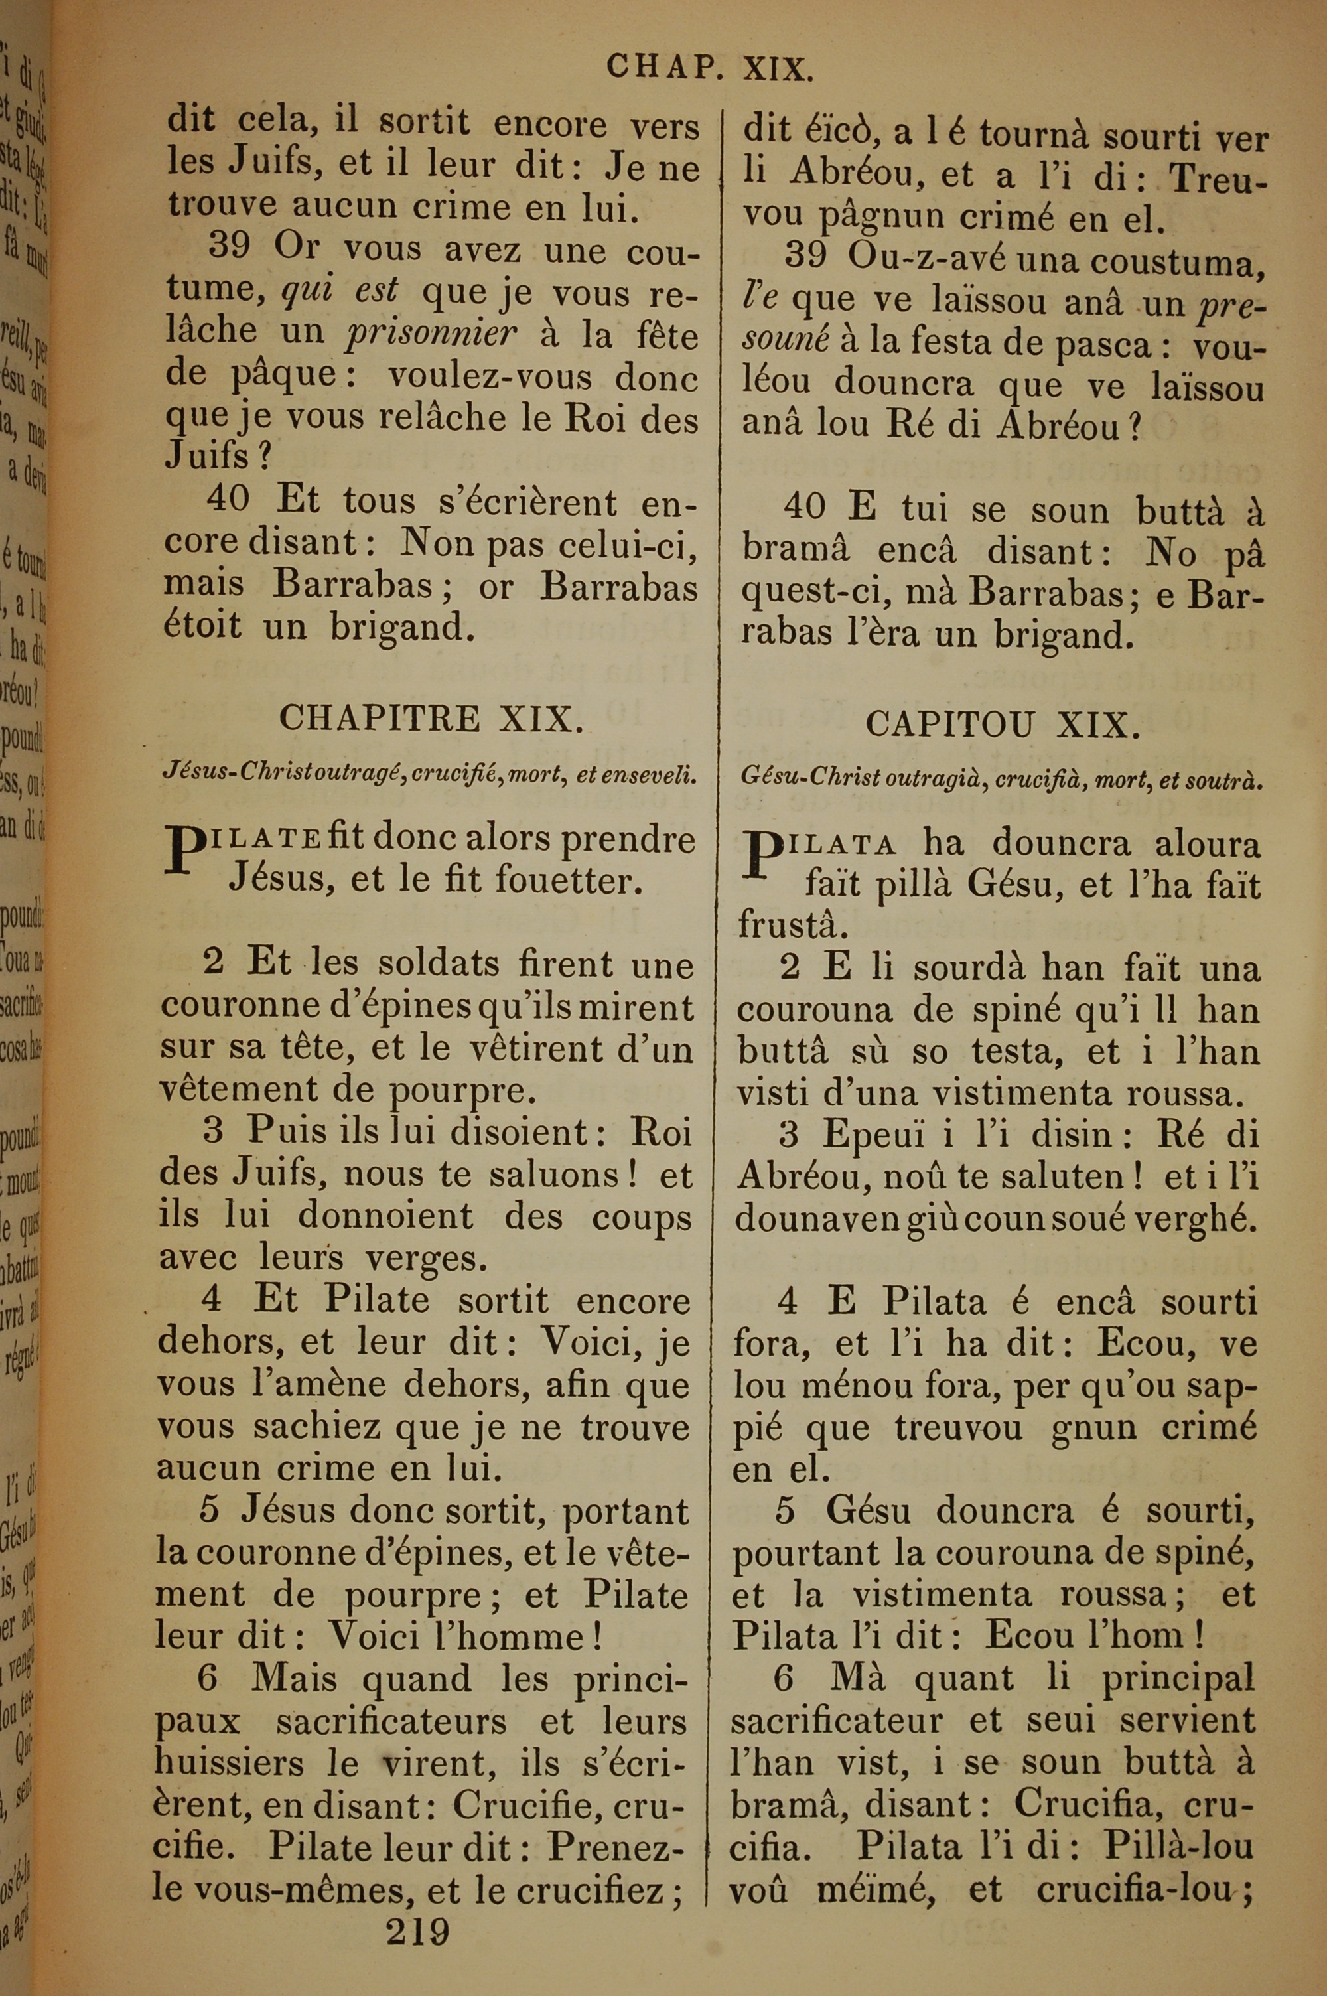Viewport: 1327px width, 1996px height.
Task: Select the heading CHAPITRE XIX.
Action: [431, 719]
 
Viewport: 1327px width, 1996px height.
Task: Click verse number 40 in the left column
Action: [228, 498]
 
